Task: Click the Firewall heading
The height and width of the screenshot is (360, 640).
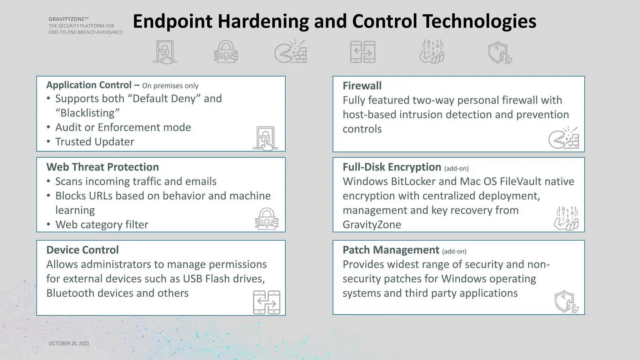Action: pos(362,86)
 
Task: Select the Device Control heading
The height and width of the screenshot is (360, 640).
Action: pos(82,250)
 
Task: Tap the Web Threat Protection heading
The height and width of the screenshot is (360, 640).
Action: pos(102,167)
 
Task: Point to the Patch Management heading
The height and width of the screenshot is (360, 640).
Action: pos(391,250)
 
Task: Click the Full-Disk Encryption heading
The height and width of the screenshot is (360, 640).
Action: pos(392,167)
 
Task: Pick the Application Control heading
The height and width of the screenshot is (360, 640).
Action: pos(89,85)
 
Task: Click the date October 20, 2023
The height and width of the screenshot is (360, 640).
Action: pos(69,343)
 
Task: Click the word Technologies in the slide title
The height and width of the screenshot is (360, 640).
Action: pos(479,21)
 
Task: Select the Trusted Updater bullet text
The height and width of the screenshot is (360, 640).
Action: pos(95,142)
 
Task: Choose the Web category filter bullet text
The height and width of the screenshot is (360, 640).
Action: pos(102,225)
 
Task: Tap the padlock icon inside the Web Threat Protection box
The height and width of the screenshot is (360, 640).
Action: pos(267,219)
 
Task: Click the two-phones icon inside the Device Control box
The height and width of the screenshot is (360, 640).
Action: pos(267,302)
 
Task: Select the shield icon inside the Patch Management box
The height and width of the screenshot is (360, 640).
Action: pos(566,302)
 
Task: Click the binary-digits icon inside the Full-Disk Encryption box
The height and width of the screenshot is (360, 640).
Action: pos(566,218)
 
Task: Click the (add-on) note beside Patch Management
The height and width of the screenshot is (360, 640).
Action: pos(454,251)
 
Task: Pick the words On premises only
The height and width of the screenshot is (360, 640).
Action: pos(170,86)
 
